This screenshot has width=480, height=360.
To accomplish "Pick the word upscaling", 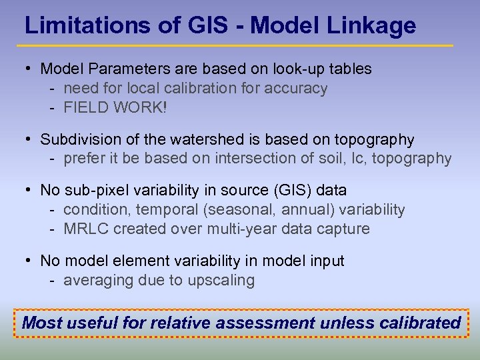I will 223,281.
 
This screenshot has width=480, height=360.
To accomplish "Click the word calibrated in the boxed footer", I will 420,323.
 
